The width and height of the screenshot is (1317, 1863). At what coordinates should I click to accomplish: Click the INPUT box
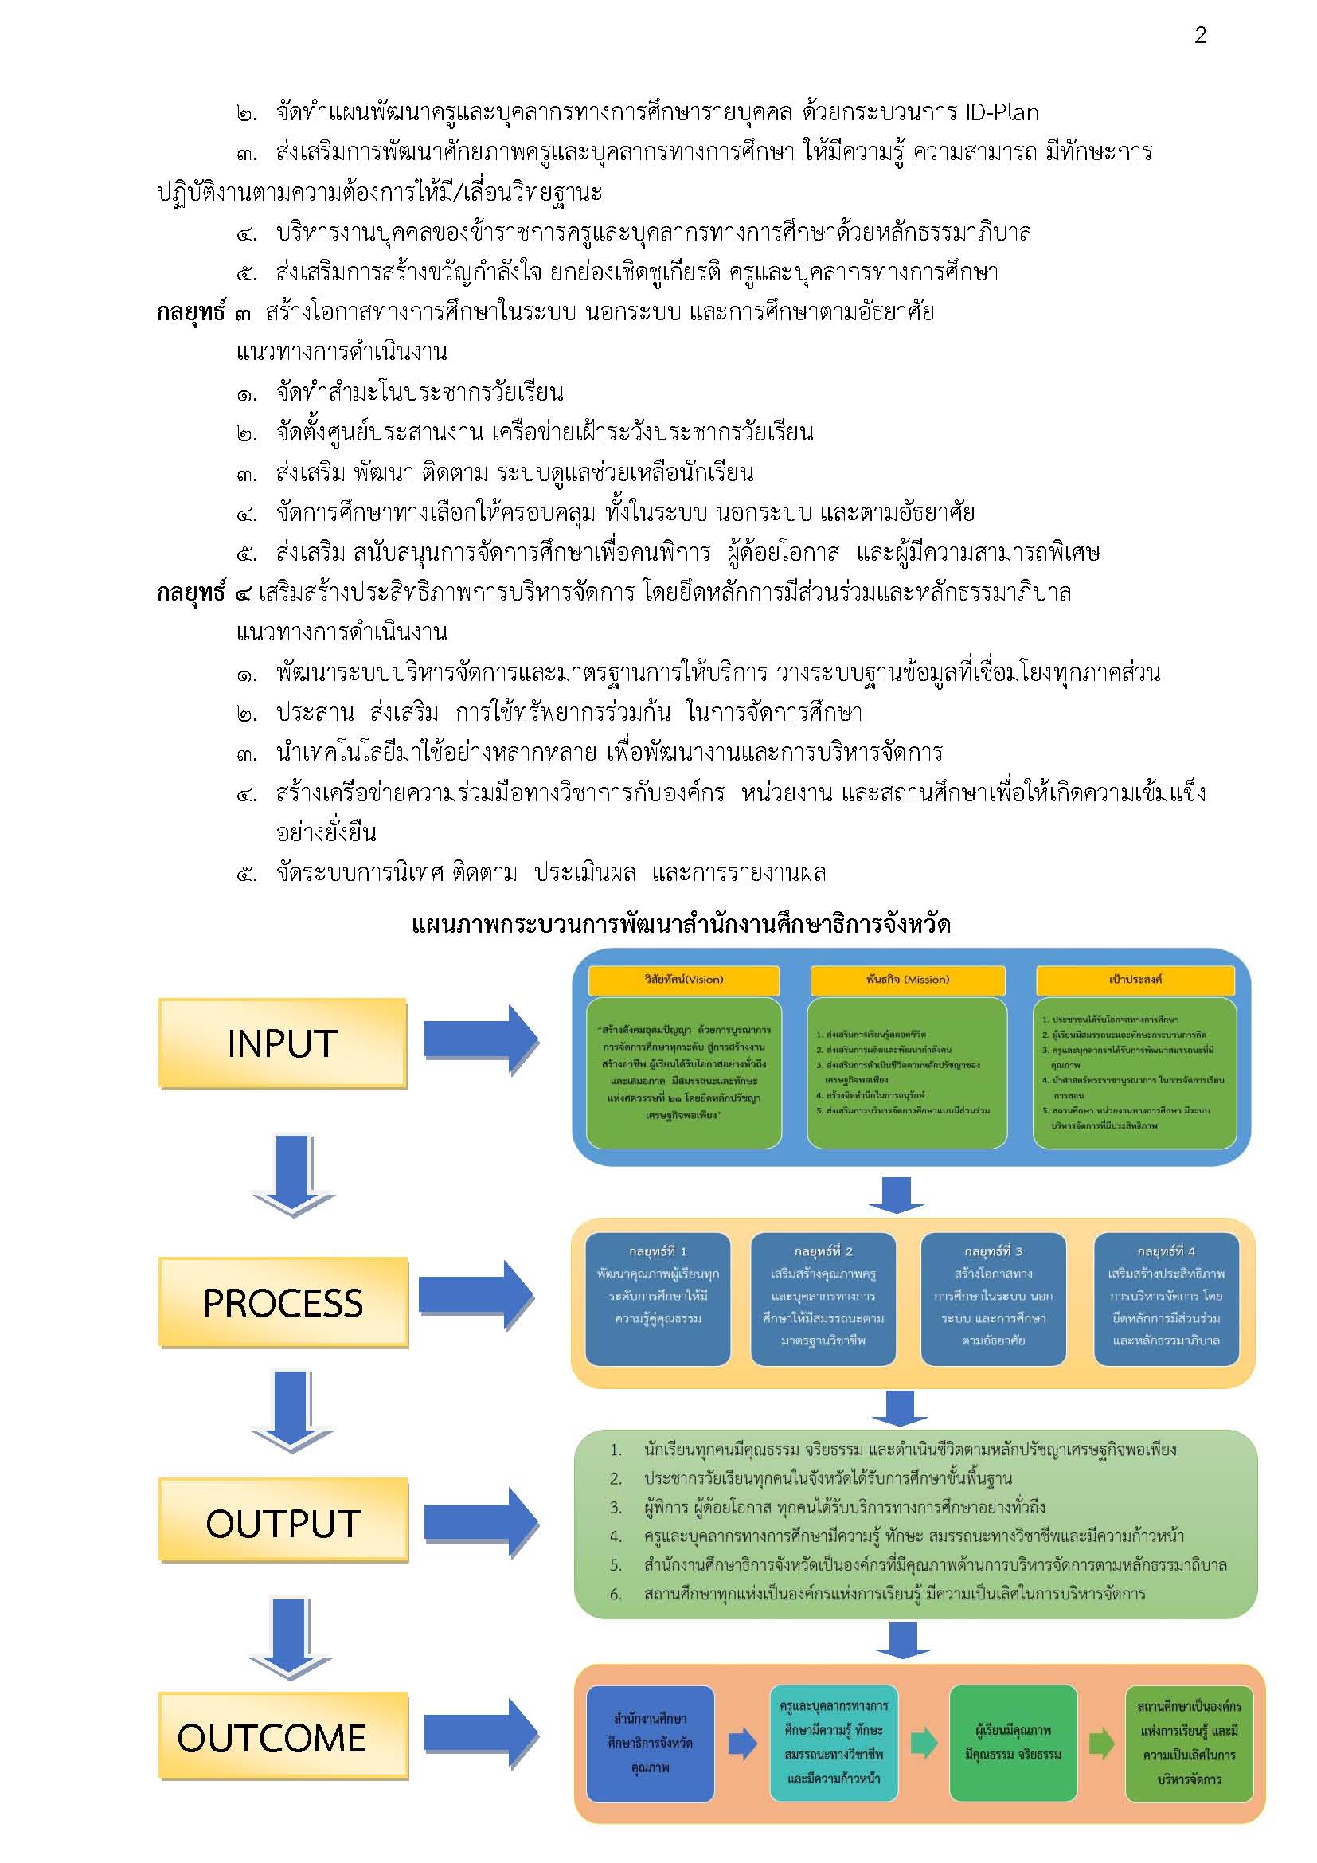coord(282,1043)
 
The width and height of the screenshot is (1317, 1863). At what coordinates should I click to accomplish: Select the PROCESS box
coord(283,1302)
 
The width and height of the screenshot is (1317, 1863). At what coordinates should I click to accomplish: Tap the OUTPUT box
coord(283,1523)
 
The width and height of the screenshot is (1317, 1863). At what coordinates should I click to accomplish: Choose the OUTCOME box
coord(283,1736)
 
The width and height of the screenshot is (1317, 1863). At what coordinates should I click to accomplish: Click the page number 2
coord(1200,35)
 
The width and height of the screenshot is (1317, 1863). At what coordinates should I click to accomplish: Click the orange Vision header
coord(683,980)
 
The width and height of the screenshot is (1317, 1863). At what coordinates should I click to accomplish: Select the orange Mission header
coord(907,980)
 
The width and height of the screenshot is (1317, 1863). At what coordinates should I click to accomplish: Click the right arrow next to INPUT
coord(481,1039)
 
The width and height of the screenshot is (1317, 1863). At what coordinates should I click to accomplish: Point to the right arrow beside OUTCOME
coord(481,1733)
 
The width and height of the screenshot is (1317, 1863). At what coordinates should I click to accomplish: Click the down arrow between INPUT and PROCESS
coord(294,1175)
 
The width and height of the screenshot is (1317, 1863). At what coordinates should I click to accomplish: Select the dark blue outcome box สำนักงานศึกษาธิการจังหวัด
coord(650,1742)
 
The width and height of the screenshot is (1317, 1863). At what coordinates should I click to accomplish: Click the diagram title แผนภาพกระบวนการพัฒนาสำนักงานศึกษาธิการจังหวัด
coord(682,925)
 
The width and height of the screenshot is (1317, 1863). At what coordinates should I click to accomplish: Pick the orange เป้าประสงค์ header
coord(1135,980)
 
